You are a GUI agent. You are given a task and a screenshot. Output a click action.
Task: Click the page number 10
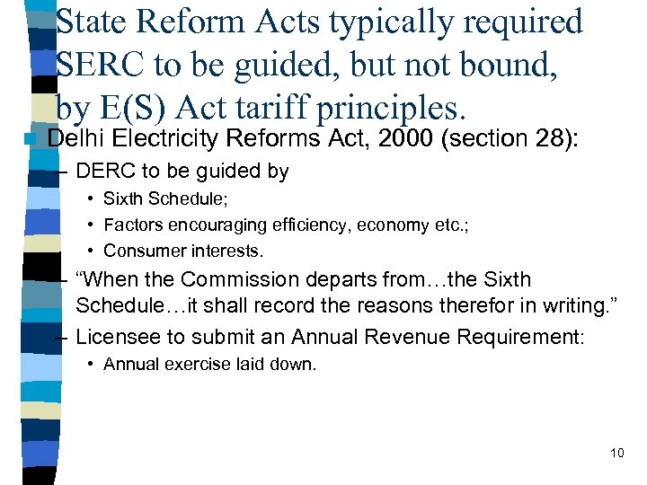tap(616, 453)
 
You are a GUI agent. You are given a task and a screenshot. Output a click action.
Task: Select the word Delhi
tap(75, 138)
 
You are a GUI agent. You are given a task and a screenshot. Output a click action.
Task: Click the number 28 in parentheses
tap(535, 138)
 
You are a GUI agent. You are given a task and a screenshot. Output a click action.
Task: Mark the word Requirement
tap(517, 337)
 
